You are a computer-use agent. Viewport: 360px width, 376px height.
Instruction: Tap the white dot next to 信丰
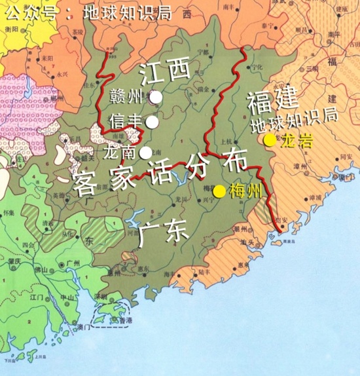(x=152, y=121)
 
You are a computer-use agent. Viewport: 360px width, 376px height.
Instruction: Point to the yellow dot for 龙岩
(x=268, y=140)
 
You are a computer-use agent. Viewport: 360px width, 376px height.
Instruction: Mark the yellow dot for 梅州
(x=220, y=191)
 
